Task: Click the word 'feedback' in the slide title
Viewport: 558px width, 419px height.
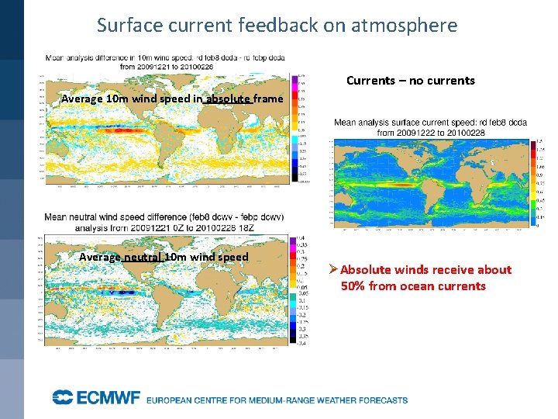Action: tap(271, 25)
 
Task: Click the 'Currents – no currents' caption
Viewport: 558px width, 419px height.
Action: tap(410, 81)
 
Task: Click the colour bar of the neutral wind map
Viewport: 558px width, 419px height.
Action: tap(293, 289)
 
